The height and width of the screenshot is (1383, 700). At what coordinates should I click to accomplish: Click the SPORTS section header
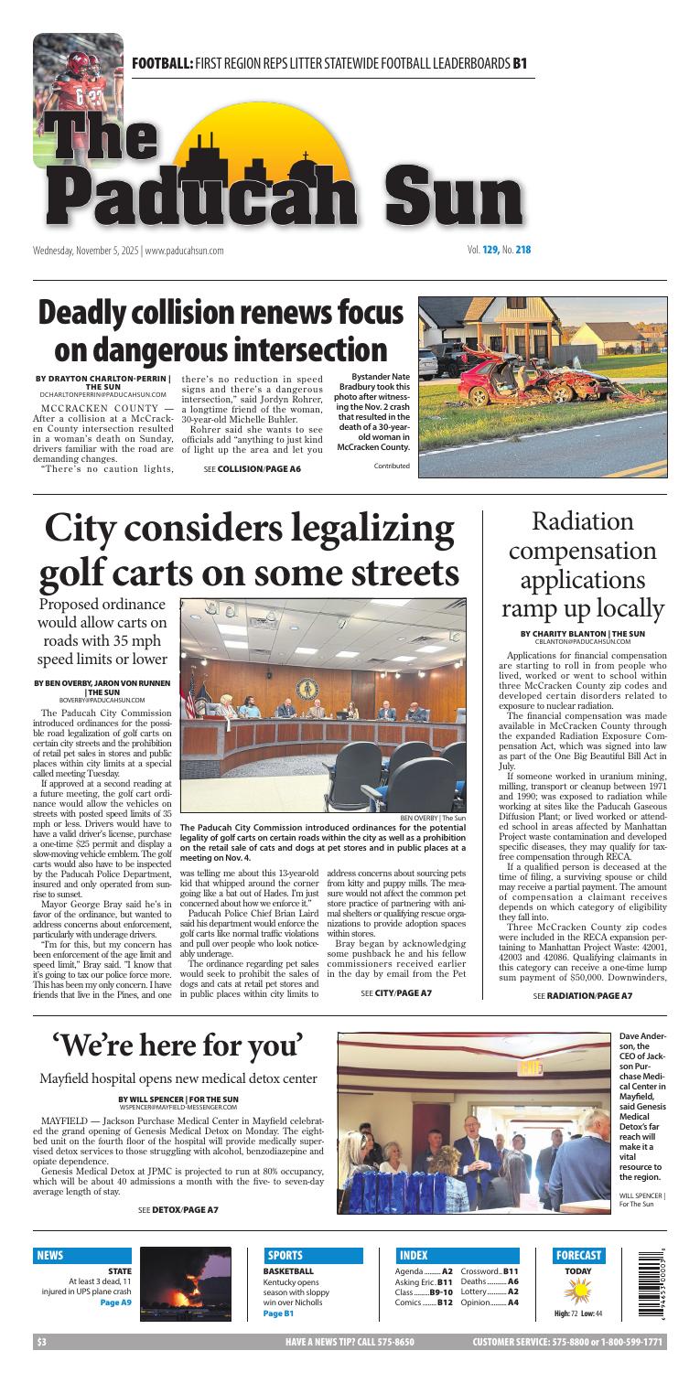pyautogui.click(x=285, y=1255)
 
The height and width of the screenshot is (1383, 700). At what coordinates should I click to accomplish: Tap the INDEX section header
pyautogui.click(x=415, y=1255)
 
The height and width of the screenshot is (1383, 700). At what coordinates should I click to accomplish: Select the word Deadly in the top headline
pyautogui.click(x=95, y=312)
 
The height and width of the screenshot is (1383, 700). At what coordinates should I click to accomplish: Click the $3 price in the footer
pyautogui.click(x=41, y=1343)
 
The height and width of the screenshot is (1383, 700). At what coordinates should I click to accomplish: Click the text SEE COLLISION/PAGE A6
pyautogui.click(x=252, y=469)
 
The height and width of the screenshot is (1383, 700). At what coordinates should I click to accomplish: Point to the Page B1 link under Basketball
pyautogui.click(x=278, y=1313)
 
